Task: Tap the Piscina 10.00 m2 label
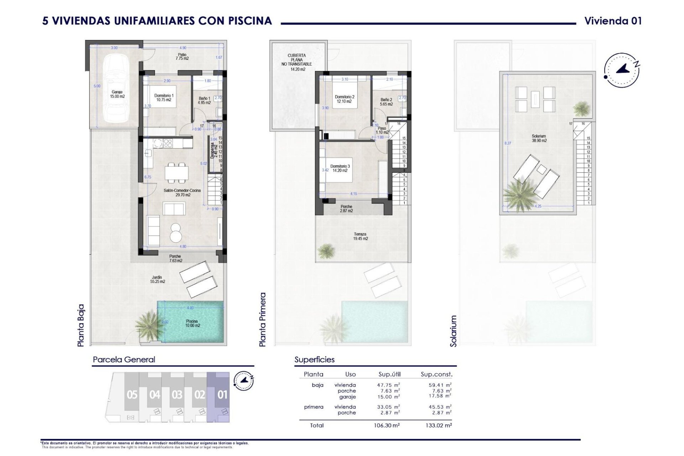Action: [x=192, y=323]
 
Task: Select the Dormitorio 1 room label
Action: [x=164, y=98]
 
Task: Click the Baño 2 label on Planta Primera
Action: [x=386, y=102]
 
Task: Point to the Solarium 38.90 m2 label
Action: [x=539, y=138]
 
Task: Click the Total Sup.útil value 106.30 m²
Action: [x=387, y=425]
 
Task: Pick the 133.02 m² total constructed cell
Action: [x=439, y=425]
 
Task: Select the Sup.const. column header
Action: [x=436, y=374]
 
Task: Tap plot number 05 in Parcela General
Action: [x=132, y=395]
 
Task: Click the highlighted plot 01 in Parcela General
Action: [x=222, y=395]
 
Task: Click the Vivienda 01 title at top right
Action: [x=613, y=21]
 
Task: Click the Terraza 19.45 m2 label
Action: [x=360, y=237]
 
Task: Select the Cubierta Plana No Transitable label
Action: [x=297, y=62]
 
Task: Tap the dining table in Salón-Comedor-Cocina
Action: [x=177, y=173]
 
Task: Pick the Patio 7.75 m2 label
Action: [x=182, y=57]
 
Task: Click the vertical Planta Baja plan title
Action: [x=81, y=325]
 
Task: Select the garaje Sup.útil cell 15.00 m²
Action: [x=388, y=397]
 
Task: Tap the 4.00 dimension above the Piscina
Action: [x=190, y=308]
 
